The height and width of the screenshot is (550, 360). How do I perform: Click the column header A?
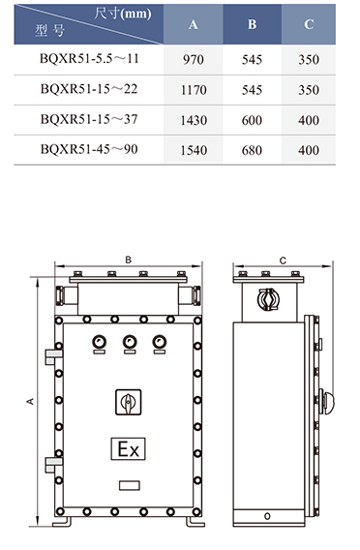click(194, 24)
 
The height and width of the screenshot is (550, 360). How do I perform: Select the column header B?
click(252, 24)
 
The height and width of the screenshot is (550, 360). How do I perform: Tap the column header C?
click(309, 24)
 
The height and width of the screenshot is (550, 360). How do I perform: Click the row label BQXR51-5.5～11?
click(89, 58)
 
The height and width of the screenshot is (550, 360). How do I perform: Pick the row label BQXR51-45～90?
click(89, 149)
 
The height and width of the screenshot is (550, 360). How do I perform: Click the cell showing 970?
click(194, 60)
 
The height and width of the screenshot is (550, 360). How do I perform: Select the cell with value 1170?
click(194, 90)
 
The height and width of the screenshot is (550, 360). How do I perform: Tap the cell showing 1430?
click(194, 120)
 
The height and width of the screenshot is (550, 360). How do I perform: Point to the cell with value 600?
click(252, 120)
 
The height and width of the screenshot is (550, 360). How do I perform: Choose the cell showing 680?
click(252, 150)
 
